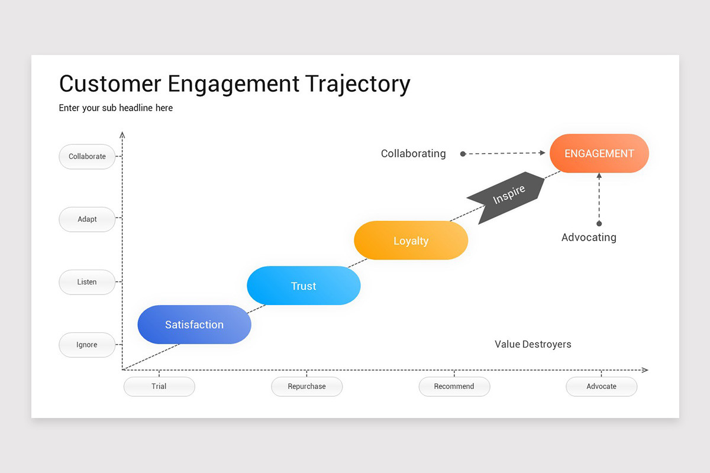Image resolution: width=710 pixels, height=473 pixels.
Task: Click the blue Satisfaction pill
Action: coord(194,325)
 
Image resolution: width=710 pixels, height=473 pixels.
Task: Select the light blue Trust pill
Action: coord(304,286)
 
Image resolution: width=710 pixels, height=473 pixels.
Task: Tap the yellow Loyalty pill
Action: coord(411,241)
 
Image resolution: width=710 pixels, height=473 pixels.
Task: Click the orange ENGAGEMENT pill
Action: coord(599,154)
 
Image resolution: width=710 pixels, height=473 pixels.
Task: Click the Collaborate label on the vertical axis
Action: coord(87,157)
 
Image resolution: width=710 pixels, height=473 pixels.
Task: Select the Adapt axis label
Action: coord(87,219)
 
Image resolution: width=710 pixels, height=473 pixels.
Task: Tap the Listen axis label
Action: coord(87,282)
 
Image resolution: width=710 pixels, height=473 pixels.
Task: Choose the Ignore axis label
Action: coord(87,345)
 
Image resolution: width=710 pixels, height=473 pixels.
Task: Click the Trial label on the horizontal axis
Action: coord(159,387)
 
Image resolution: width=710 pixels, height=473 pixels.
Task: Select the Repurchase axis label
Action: coord(306,387)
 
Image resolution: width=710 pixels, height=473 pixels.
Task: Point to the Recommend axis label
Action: coord(454,387)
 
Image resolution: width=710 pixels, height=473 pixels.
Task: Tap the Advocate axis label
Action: coord(601,387)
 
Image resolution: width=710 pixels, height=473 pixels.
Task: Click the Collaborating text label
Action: coord(413,154)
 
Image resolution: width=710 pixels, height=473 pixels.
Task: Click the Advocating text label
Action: coord(589,238)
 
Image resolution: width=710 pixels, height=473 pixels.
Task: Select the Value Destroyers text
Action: coord(532,344)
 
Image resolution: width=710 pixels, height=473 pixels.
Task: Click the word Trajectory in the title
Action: coord(358,84)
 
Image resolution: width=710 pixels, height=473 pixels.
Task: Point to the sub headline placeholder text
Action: coord(116,108)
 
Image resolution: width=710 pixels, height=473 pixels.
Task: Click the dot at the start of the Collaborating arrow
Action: coord(463,154)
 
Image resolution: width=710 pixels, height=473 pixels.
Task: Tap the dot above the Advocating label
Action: coord(599,223)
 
